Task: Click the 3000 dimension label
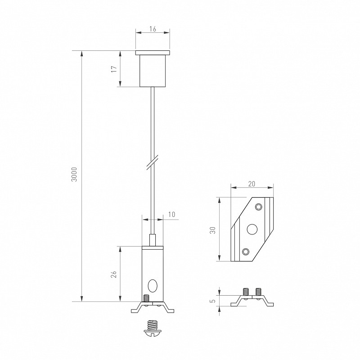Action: coord(74,174)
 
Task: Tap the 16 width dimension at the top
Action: coord(153,29)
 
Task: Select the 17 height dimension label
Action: coord(114,69)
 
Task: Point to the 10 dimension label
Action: coord(172,214)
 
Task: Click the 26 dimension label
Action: coord(114,274)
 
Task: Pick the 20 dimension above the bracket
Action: coord(252,184)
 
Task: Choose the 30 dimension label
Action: coord(213,230)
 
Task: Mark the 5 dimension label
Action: coord(213,300)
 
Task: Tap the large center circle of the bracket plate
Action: coord(252,229)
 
